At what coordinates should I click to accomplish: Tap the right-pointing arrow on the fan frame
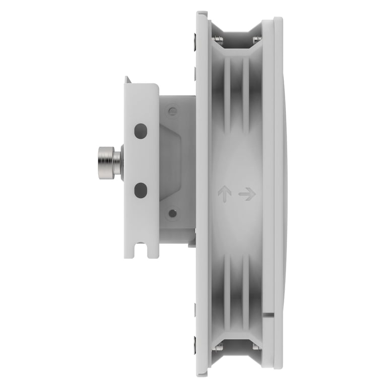247,193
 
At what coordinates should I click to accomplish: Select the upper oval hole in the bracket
141,131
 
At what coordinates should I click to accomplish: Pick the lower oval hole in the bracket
141,190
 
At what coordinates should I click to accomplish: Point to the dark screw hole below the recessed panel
172,213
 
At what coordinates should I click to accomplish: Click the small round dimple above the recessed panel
172,111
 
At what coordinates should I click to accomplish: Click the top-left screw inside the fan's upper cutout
218,39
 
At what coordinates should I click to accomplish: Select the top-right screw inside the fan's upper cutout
257,39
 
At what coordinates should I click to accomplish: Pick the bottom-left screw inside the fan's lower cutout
218,347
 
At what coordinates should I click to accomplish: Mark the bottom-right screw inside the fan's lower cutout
257,347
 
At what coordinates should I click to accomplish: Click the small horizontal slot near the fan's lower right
269,315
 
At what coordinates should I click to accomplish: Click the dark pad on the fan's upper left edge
195,39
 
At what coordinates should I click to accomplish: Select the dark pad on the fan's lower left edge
195,347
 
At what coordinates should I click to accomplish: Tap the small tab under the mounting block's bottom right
191,244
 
